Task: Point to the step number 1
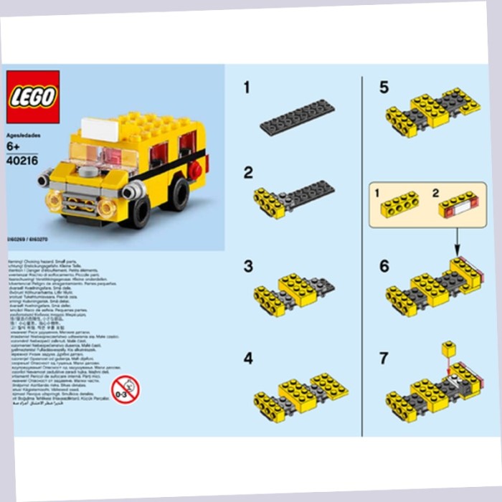tap(247, 88)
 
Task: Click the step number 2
tap(248, 173)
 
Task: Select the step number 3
tap(248, 266)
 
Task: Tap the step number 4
tap(248, 359)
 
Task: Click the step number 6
tap(384, 266)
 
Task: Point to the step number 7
tap(384, 359)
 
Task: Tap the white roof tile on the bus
tap(99, 129)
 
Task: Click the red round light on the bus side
tap(195, 169)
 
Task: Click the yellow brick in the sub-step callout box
tap(399, 207)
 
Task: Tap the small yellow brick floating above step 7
tap(449, 349)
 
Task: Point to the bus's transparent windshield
tap(104, 155)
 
